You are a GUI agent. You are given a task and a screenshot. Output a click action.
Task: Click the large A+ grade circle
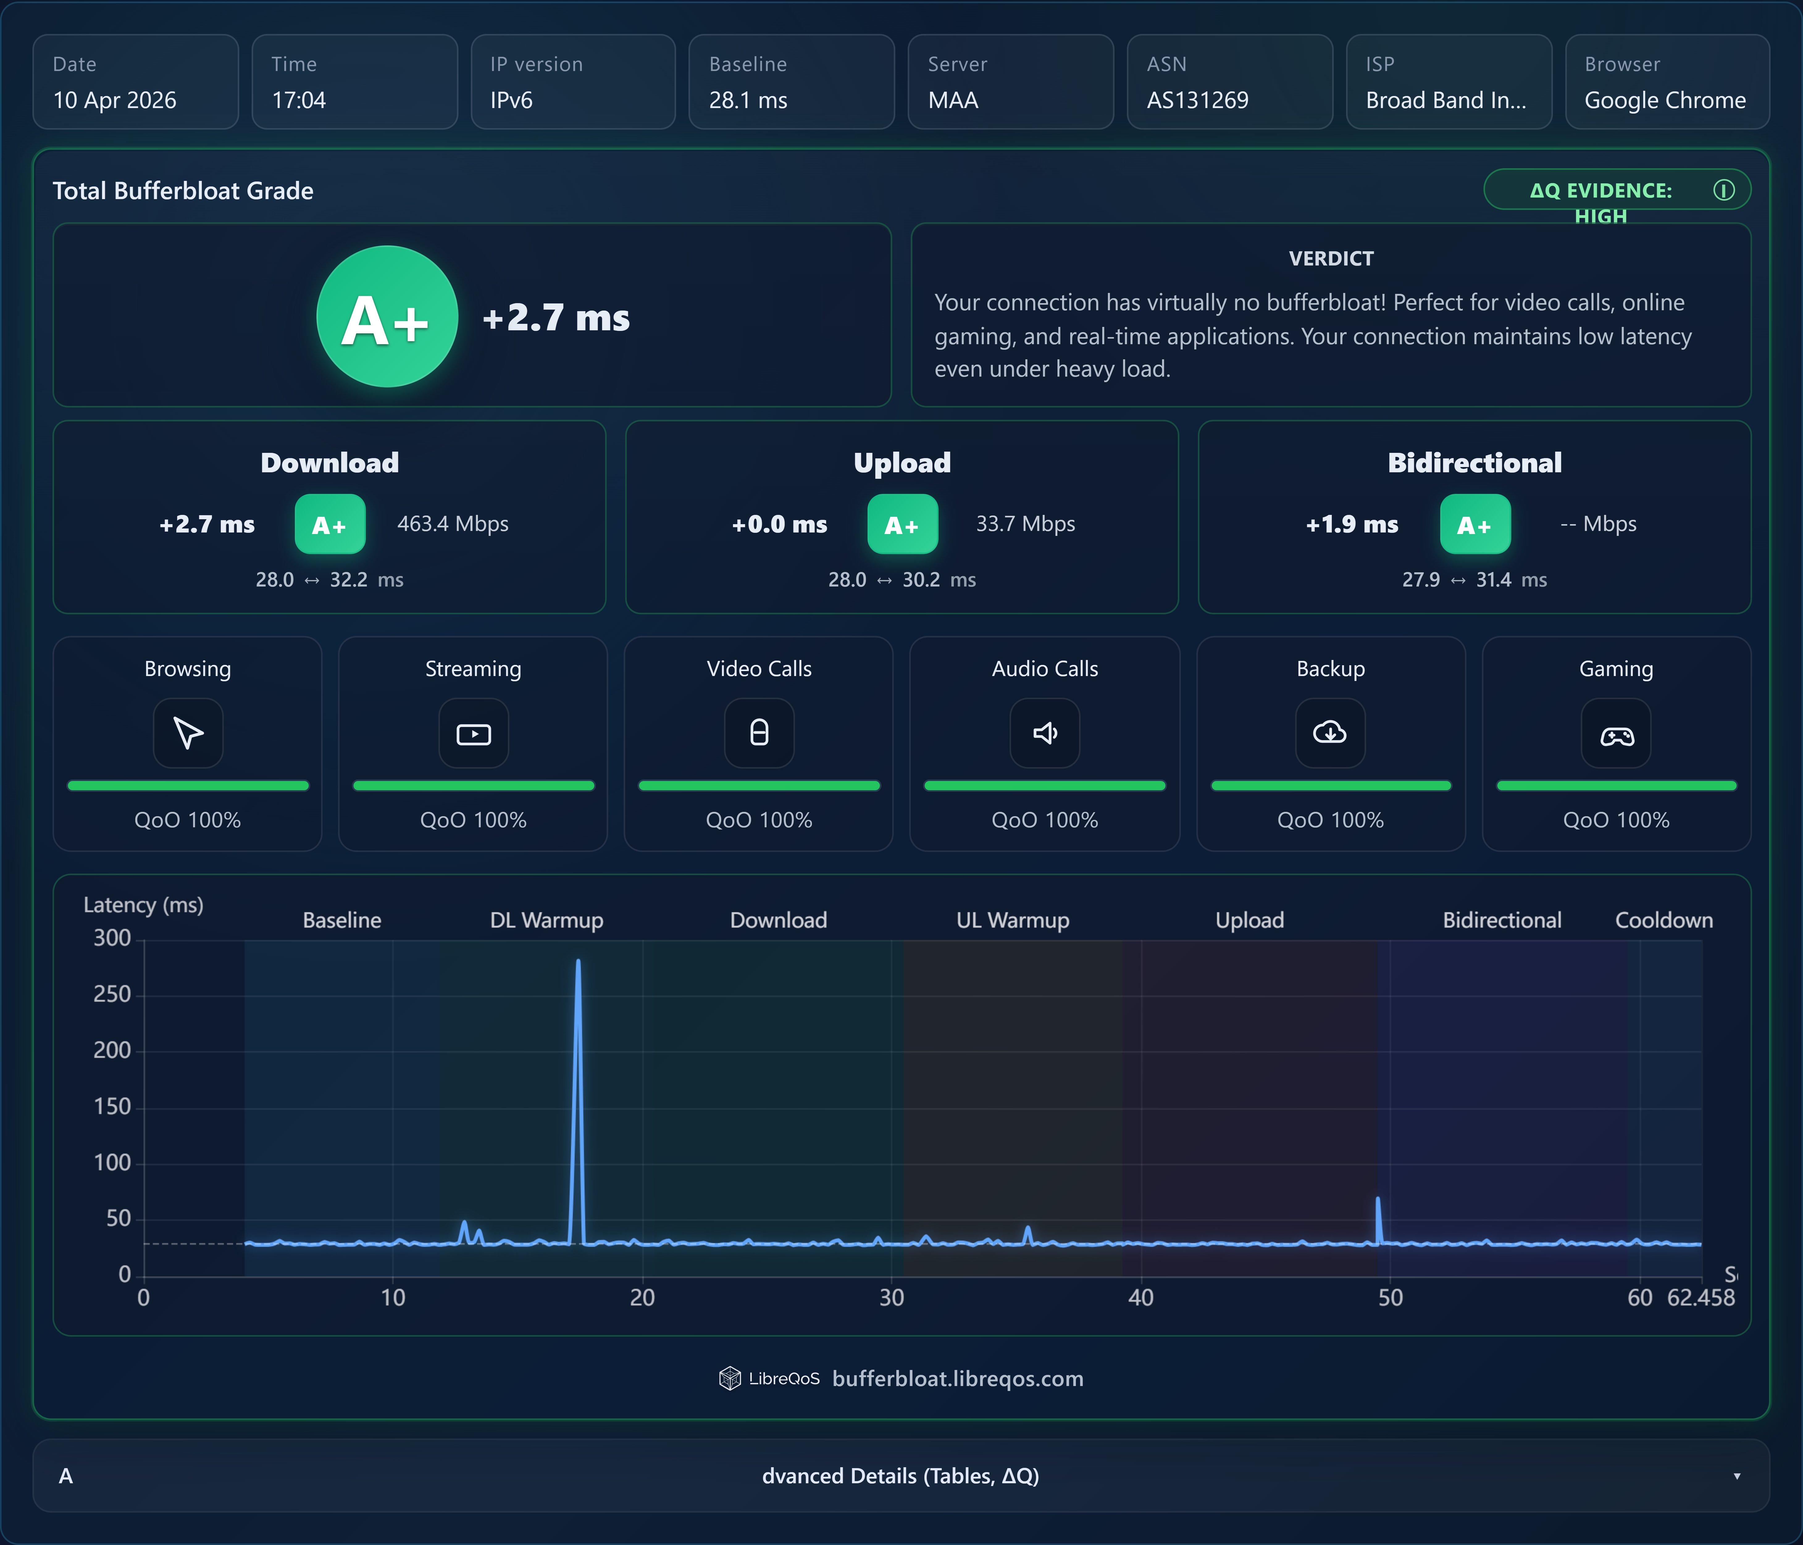click(387, 317)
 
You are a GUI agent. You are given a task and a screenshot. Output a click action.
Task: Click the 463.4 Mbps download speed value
click(453, 524)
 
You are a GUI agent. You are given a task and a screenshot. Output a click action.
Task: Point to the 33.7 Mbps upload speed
click(1025, 524)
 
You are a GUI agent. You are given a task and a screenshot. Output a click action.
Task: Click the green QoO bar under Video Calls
click(759, 786)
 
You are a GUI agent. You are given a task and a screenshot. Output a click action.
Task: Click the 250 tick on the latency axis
click(112, 994)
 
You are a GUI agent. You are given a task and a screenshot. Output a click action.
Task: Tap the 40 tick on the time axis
click(1141, 1298)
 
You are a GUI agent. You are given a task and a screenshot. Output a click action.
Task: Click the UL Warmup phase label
click(1013, 921)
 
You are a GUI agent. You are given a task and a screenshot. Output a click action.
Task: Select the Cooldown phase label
click(1664, 921)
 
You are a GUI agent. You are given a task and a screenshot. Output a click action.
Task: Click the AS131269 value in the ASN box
click(1197, 100)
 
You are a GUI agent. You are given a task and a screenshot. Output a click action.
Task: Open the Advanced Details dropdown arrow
click(1737, 1476)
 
